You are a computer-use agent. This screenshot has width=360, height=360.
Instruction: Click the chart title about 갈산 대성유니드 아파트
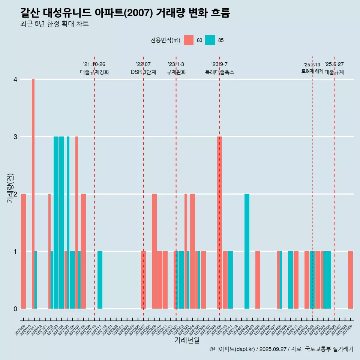pyautogui.click(x=125, y=13)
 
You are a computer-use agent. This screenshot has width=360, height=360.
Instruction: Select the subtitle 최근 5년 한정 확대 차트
pyautogui.click(x=55, y=24)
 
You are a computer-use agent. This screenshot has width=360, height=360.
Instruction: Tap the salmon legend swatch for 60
pyautogui.click(x=189, y=40)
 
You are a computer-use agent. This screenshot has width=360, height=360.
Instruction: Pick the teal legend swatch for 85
pyautogui.click(x=210, y=40)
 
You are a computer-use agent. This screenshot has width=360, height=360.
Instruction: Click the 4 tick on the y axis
pyautogui.click(x=15, y=79)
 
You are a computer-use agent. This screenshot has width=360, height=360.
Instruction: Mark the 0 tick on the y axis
pyautogui.click(x=15, y=309)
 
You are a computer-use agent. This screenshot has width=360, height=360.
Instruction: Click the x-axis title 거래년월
pyautogui.click(x=187, y=340)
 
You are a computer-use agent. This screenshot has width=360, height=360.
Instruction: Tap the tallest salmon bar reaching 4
pyautogui.click(x=33, y=193)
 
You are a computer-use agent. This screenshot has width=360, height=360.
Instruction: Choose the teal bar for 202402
pyautogui.click(x=247, y=251)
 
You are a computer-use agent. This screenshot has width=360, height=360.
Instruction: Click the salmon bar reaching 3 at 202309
pyautogui.click(x=219, y=222)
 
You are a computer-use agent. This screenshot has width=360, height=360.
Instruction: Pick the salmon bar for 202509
pyautogui.click(x=350, y=280)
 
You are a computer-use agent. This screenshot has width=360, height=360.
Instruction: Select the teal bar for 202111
pyautogui.click(x=100, y=280)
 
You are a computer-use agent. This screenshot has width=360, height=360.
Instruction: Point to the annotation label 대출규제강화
pyautogui.click(x=94, y=72)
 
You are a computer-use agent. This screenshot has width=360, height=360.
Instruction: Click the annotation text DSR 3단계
pyautogui.click(x=143, y=72)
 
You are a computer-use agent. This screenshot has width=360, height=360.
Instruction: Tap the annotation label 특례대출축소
pyautogui.click(x=220, y=72)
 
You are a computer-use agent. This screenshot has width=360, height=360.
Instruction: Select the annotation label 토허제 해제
pyautogui.click(x=312, y=71)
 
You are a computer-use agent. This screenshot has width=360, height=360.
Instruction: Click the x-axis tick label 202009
pyautogui.click(x=21, y=330)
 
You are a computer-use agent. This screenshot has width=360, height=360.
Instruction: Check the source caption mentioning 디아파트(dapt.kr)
pyautogui.click(x=281, y=349)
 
